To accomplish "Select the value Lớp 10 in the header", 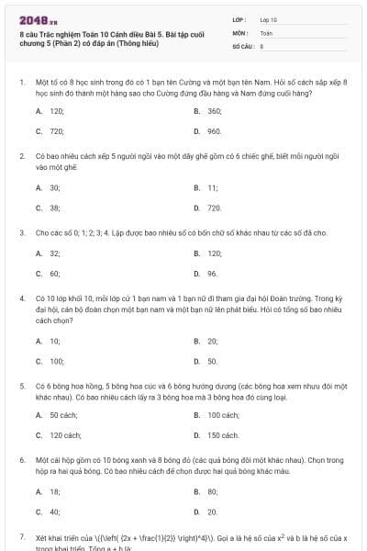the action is [x=268, y=18].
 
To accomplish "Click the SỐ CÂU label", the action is [x=242, y=45].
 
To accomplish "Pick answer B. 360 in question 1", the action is [x=208, y=110].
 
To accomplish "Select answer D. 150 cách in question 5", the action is [x=216, y=434].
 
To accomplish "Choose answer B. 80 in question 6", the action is [x=206, y=491].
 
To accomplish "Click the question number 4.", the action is [x=21, y=298].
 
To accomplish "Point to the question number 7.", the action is [x=21, y=534].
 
